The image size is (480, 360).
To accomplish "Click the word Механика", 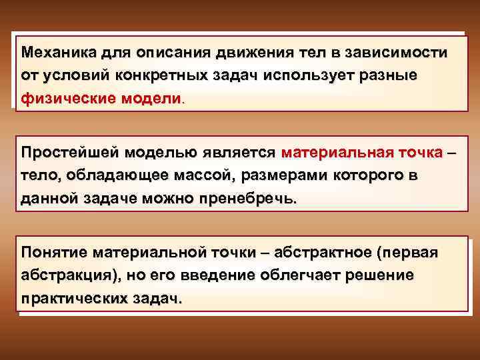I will [x=58, y=52].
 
